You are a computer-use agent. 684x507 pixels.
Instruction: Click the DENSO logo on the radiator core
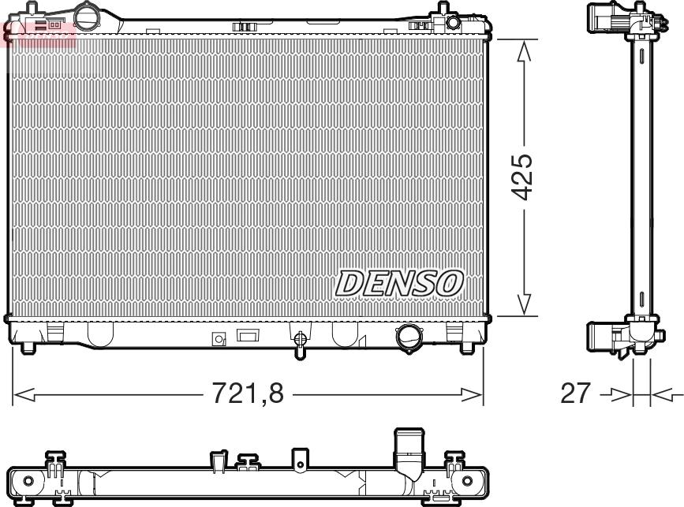pos(399,283)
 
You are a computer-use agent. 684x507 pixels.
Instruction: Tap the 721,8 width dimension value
pos(248,393)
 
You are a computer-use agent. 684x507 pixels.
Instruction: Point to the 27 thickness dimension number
pos(575,393)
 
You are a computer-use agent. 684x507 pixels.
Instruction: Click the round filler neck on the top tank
pos(88,15)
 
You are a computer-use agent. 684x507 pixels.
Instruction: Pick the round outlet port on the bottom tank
pos(409,337)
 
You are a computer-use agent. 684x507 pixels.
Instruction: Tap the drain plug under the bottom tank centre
pos(300,344)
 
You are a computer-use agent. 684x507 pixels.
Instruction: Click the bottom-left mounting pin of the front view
pos(28,348)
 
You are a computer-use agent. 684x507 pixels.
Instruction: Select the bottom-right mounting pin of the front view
pos(467,348)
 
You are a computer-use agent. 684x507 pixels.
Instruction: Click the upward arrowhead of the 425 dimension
pos(524,50)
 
